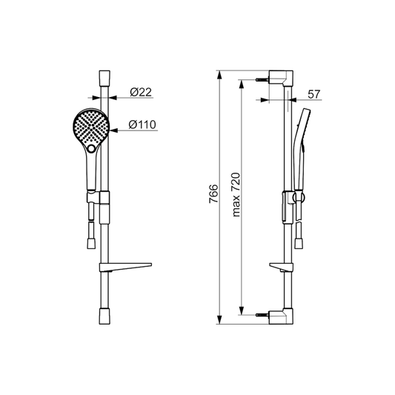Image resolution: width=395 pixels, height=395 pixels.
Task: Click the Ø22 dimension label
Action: [x=141, y=92]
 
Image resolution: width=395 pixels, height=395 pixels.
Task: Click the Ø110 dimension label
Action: [x=142, y=125]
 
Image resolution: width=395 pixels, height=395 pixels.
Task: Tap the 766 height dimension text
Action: [x=213, y=193]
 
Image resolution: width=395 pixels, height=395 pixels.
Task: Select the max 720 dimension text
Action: [x=236, y=194]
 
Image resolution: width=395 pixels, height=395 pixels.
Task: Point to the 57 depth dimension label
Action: [x=314, y=94]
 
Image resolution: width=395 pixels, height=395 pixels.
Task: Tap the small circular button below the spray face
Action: [x=91, y=149]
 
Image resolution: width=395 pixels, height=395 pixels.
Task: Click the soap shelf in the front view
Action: [x=125, y=267]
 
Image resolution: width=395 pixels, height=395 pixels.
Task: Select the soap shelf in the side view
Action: [x=282, y=268]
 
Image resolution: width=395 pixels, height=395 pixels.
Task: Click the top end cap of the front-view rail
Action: [x=104, y=78]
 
